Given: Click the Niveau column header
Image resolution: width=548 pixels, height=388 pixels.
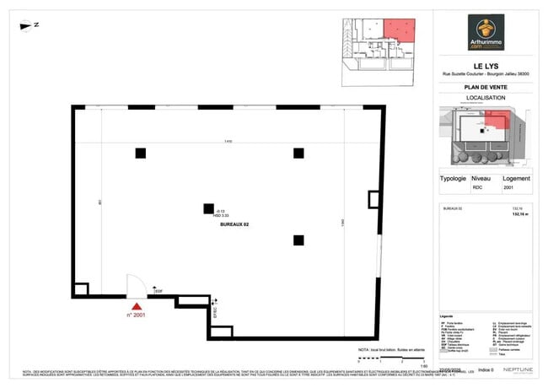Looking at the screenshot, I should [x=481, y=179].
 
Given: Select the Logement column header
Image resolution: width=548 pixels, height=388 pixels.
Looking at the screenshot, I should [x=516, y=179].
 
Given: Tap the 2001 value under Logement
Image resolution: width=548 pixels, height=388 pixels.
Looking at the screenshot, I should [x=508, y=189].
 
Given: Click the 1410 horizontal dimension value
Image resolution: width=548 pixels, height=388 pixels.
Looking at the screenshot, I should [x=228, y=141].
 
